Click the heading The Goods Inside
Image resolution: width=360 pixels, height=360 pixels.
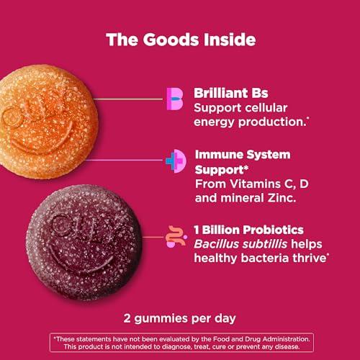click(x=180, y=39)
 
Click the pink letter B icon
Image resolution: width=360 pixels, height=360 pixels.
click(x=175, y=99)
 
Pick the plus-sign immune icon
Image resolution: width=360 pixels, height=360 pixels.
click(x=175, y=161)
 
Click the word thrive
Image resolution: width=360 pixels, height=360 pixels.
click(x=307, y=258)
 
